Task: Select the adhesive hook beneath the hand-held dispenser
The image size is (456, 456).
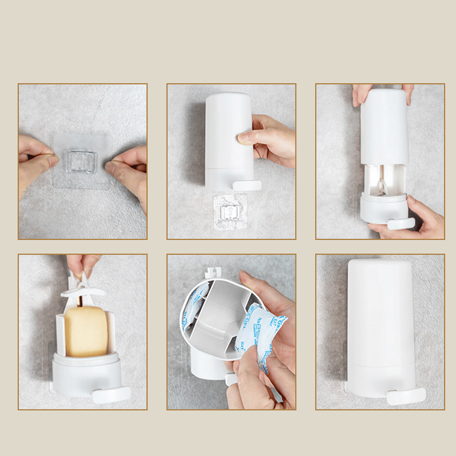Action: point(230,211)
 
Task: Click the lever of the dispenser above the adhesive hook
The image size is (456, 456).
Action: point(246,186)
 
